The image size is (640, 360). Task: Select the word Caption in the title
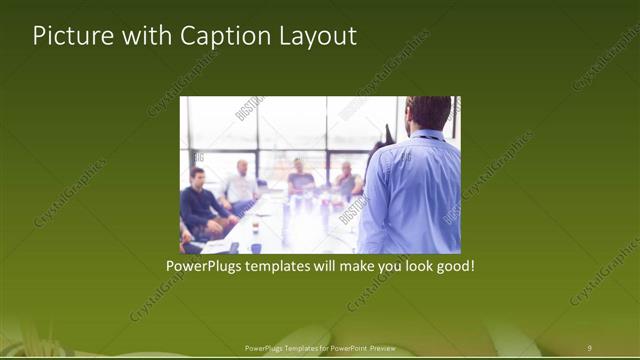coord(223,37)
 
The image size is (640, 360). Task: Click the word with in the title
coord(140,36)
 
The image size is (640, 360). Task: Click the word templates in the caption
coord(290,268)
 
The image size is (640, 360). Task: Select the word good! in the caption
coord(452,268)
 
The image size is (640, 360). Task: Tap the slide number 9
coord(590,347)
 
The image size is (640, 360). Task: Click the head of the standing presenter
coord(430,112)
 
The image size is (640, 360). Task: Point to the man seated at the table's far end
coord(301,177)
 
